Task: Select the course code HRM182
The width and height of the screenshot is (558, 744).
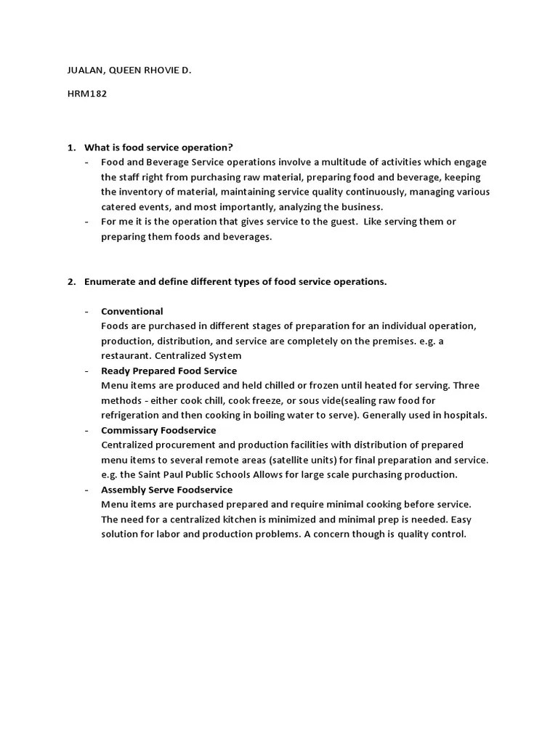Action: [x=82, y=94]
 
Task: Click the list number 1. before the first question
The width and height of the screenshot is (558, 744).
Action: [x=72, y=147]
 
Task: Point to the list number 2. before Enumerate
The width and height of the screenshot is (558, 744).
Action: [x=72, y=282]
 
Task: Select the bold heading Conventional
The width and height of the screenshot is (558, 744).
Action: [x=132, y=312]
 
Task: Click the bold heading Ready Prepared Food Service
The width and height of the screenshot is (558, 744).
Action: [x=169, y=371]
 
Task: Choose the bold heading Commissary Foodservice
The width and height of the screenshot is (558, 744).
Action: [x=158, y=430]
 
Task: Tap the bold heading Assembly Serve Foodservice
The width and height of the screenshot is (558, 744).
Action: [x=166, y=490]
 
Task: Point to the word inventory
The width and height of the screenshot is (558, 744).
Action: [x=141, y=192]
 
